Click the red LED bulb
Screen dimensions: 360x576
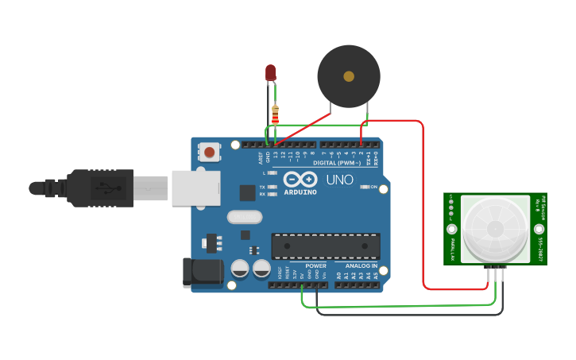271,73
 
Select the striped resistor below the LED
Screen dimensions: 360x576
275,114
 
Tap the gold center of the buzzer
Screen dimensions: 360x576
349,76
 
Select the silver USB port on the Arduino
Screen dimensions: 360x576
195,188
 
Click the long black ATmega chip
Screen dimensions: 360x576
325,246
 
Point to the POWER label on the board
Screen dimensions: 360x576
315,265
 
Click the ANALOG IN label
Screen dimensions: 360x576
361,265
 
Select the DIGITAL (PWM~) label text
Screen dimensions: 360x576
337,163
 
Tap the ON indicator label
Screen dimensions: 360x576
372,187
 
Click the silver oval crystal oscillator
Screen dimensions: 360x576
244,216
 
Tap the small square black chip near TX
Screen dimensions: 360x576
248,192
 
